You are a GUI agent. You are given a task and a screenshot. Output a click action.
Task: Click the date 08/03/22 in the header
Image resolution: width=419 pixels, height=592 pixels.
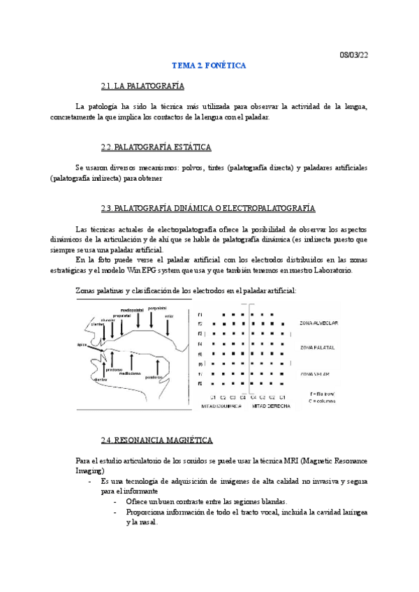pos(353,54)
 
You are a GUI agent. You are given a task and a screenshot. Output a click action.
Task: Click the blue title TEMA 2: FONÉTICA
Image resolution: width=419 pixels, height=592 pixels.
pos(209,66)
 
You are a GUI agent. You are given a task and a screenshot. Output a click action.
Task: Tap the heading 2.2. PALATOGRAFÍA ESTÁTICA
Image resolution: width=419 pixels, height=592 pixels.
pos(156,147)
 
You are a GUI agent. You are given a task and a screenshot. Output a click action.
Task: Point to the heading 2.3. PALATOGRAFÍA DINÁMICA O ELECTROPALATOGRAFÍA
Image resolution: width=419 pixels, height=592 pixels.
pos(207,209)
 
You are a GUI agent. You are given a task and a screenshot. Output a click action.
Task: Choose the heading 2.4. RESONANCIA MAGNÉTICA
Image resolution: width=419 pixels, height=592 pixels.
pos(156,441)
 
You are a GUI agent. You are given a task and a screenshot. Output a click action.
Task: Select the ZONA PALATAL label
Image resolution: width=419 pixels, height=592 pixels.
pos(317,347)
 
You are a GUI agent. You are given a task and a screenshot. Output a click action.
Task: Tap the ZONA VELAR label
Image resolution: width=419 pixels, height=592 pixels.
pos(315,373)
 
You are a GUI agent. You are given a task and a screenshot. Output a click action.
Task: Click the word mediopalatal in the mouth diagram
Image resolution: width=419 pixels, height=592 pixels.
pos(132,311)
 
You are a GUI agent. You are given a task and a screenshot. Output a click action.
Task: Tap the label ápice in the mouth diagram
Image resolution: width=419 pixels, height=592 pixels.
pos(82,344)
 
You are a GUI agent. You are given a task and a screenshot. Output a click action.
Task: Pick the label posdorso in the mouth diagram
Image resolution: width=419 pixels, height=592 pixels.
pos(154,377)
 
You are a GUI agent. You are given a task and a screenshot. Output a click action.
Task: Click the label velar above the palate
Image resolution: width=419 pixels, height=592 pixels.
pos(169,316)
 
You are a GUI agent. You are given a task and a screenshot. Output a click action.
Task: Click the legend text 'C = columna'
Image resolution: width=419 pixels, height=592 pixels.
pos(322,400)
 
